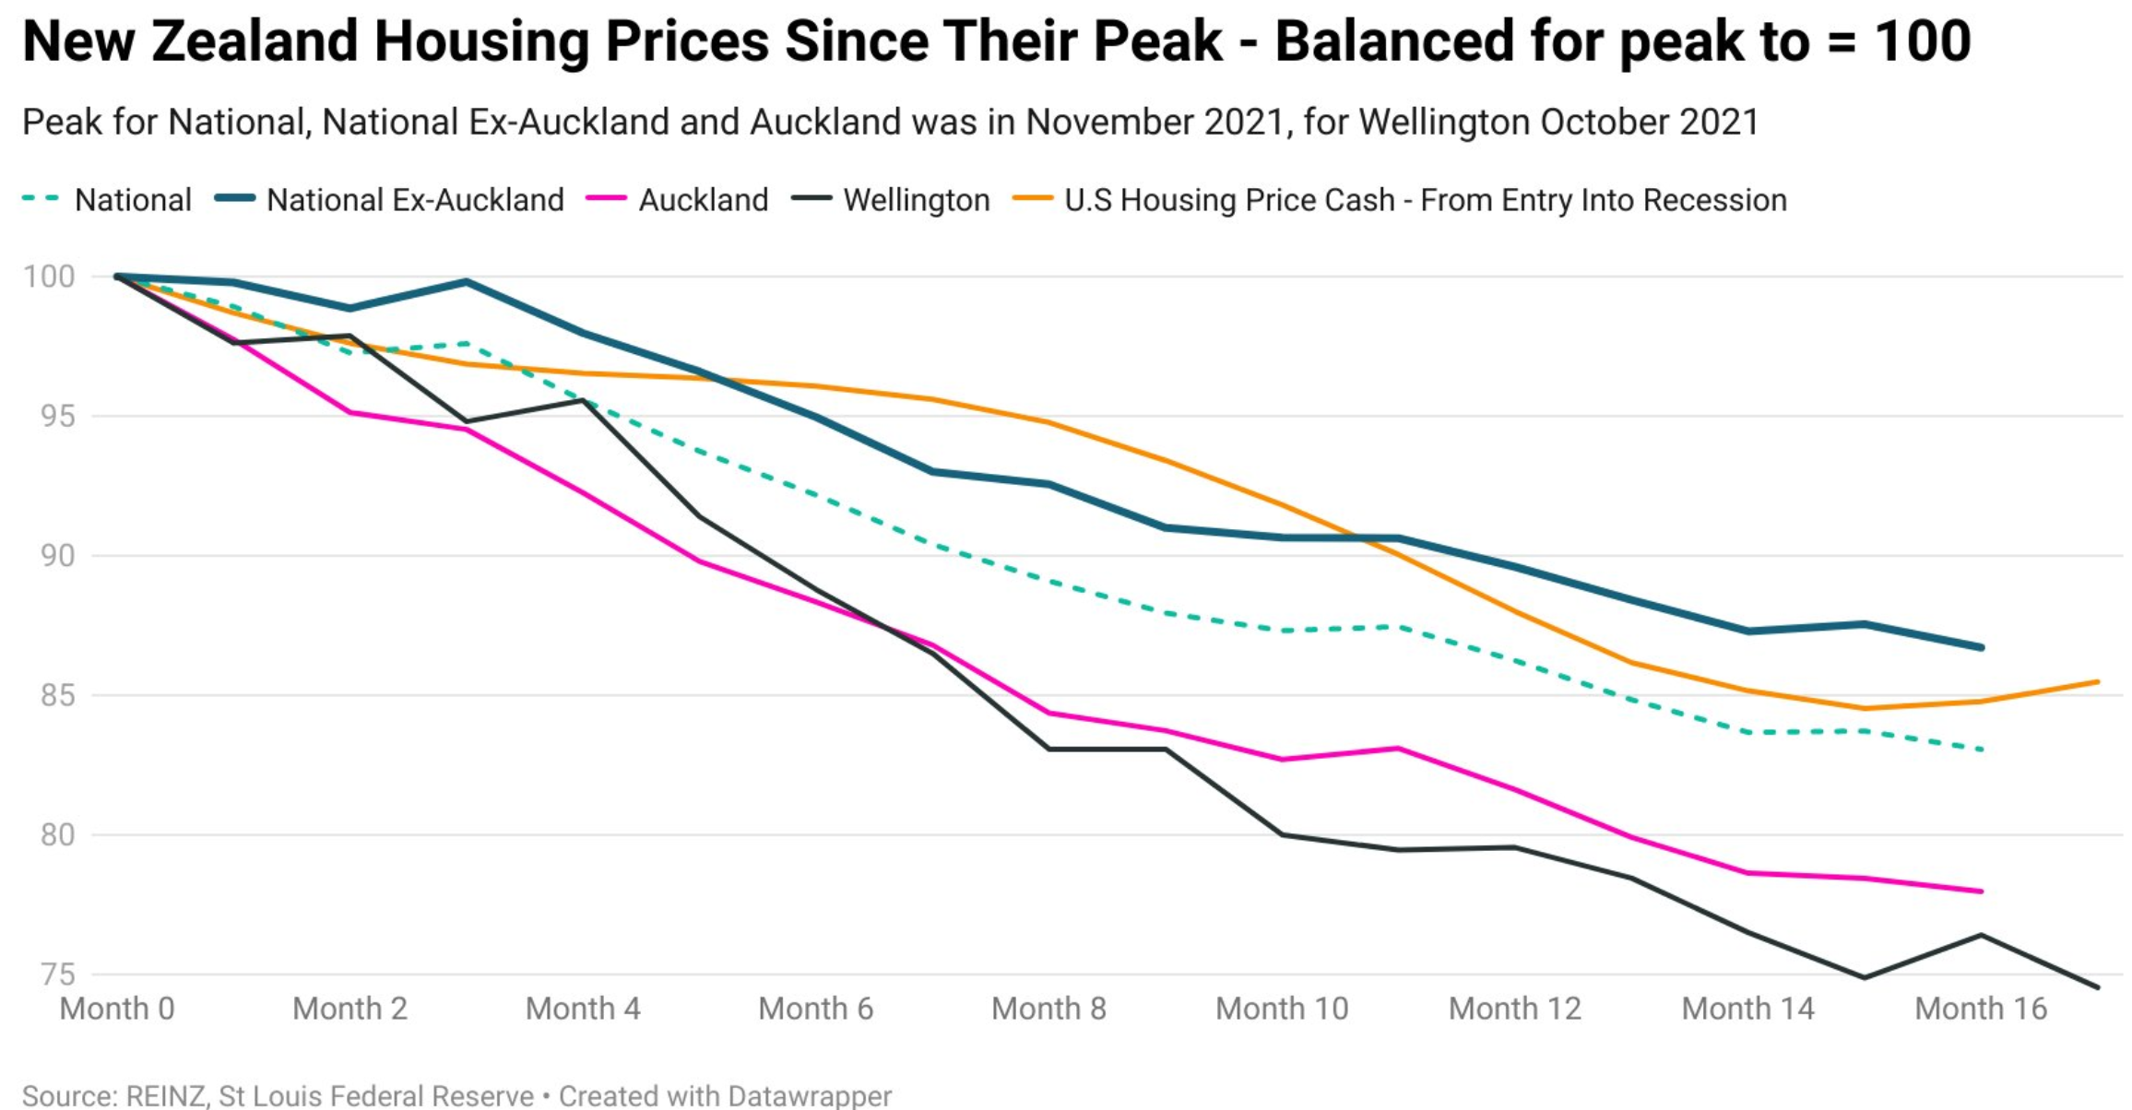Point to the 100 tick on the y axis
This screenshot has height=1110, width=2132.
tap(49, 276)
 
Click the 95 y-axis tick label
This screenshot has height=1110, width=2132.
tap(57, 416)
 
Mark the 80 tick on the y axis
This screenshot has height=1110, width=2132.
tap(57, 834)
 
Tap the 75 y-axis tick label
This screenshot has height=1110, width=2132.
tap(57, 974)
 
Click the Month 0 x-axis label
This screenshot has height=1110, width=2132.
tap(117, 1009)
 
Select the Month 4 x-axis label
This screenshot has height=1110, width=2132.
tap(583, 1009)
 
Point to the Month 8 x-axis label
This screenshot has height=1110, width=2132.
tap(1048, 1009)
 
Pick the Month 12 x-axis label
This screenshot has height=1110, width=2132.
tap(1514, 1009)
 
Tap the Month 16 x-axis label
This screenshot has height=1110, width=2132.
tap(1981, 1009)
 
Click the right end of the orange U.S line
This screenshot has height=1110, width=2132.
tap(2098, 682)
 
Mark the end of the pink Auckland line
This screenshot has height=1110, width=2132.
tap(1981, 892)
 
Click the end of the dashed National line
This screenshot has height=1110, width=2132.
tap(1981, 750)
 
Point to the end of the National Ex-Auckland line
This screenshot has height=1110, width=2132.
tap(1981, 647)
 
